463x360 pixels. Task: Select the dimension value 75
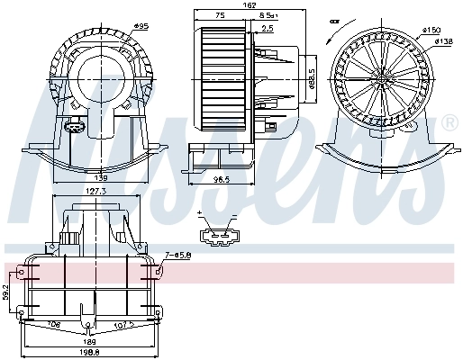[220, 16]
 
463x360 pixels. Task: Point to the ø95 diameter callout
[141, 26]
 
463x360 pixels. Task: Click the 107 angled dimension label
[125, 326]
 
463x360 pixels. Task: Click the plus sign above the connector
[200, 213]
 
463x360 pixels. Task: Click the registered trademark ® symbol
[449, 122]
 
